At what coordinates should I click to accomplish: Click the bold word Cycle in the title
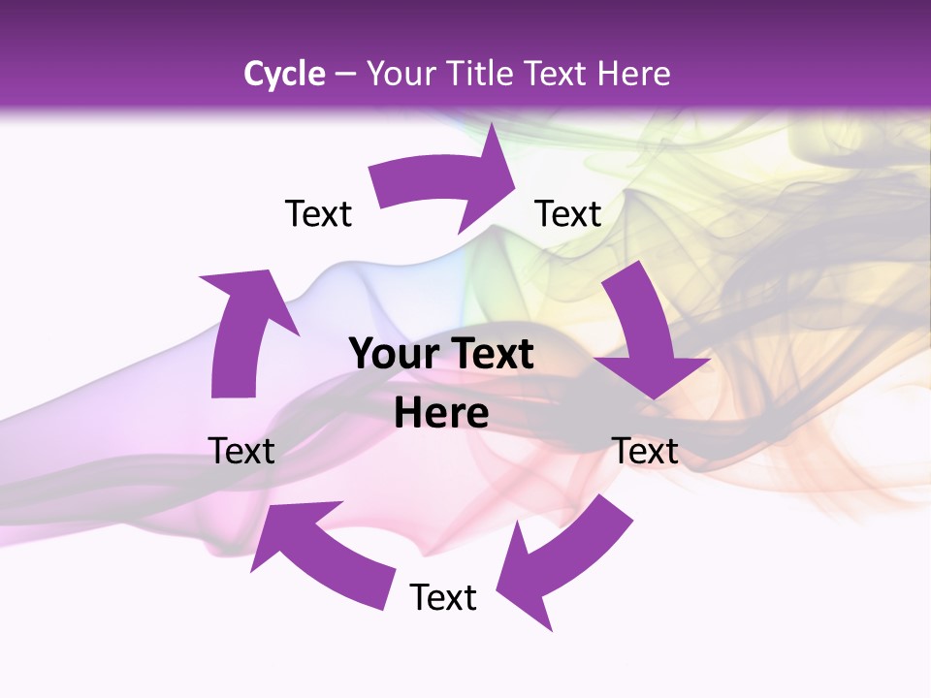284,73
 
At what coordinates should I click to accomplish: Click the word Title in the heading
481,73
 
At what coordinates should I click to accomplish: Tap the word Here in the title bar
634,73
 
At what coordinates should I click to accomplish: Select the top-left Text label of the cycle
318,213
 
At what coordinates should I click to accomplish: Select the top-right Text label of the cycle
568,213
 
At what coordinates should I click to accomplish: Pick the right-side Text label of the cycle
645,451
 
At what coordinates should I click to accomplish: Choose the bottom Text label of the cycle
443,597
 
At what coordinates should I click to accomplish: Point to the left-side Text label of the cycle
241,451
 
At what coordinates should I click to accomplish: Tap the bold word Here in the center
441,414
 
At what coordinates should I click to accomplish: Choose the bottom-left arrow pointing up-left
320,553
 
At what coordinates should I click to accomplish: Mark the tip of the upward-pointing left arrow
204,277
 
